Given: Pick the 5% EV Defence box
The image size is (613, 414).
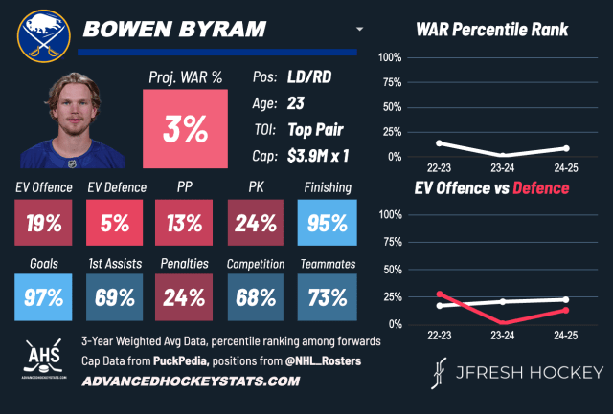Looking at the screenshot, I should [114, 225].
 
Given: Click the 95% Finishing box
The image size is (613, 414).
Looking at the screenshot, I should [328, 225].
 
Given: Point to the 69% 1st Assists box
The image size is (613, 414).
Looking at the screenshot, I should [114, 296].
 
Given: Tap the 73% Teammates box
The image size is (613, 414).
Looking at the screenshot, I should [328, 296].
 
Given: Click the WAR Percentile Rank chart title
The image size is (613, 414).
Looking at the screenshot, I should [492, 30].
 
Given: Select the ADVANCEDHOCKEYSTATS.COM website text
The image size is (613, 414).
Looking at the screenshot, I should [191, 381].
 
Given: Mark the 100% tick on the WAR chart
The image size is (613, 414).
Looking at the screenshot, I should [389, 57].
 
